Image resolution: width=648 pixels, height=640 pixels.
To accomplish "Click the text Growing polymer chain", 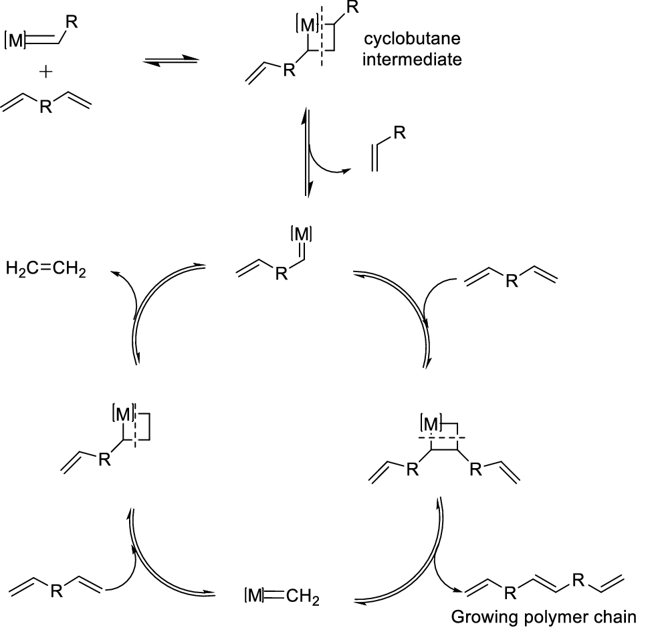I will [544, 616].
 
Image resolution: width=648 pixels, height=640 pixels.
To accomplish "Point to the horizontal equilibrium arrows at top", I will [171, 62].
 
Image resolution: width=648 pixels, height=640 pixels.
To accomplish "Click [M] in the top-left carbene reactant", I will [15, 41].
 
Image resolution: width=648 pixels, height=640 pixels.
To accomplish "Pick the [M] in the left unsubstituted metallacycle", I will [124, 416].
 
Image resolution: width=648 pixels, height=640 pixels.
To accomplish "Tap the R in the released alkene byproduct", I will [399, 133].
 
